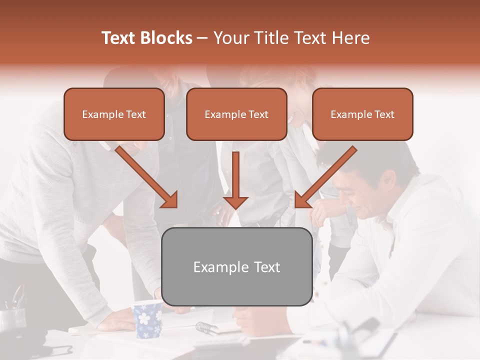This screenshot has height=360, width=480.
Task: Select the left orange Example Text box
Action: (x=114, y=114)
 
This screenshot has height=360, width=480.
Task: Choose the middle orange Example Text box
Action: (x=236, y=114)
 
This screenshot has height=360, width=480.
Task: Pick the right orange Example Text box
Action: (x=362, y=114)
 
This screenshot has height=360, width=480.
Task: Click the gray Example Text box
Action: (x=237, y=267)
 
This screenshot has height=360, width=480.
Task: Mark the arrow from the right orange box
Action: (x=325, y=177)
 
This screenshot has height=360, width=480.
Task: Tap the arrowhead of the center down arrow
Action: (x=235, y=202)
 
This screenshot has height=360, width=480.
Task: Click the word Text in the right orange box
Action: (x=384, y=114)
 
